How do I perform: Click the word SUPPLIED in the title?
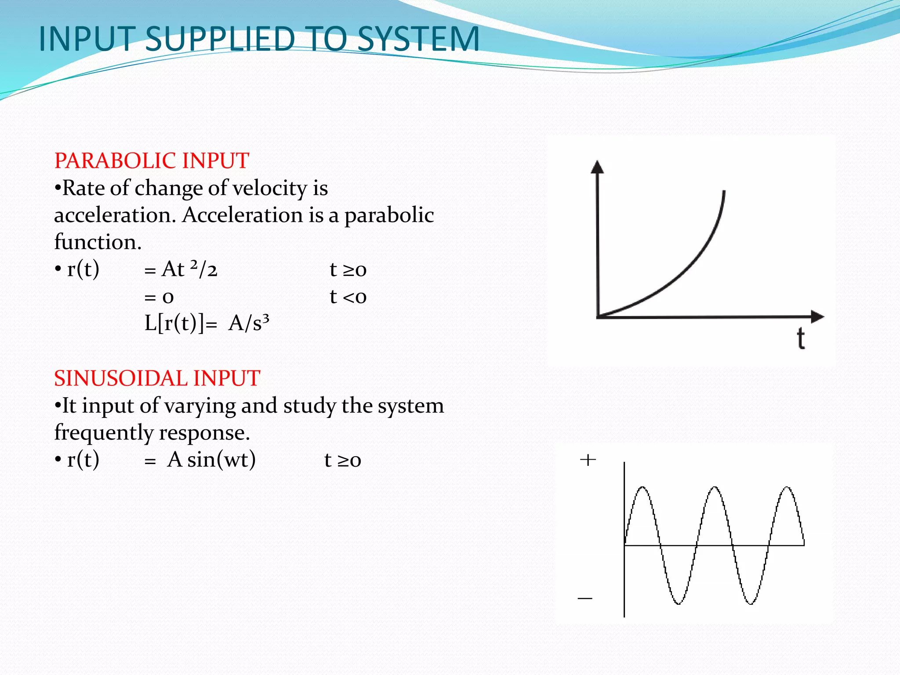[x=220, y=39]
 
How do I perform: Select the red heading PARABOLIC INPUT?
[x=152, y=160]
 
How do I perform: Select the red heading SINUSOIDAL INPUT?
[x=157, y=378]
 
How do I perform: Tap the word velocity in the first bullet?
[x=270, y=189]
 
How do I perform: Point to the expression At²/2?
[x=189, y=269]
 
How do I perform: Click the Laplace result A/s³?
[x=249, y=323]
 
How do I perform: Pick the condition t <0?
[x=348, y=297]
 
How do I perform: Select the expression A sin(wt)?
[x=211, y=460]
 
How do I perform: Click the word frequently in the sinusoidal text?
[x=103, y=433]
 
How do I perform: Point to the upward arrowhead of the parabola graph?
[x=597, y=167]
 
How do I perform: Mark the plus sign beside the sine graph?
[x=588, y=460]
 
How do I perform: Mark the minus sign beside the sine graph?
[x=585, y=598]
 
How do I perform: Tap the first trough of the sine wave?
[x=678, y=604]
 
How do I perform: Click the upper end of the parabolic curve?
[x=724, y=192]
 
